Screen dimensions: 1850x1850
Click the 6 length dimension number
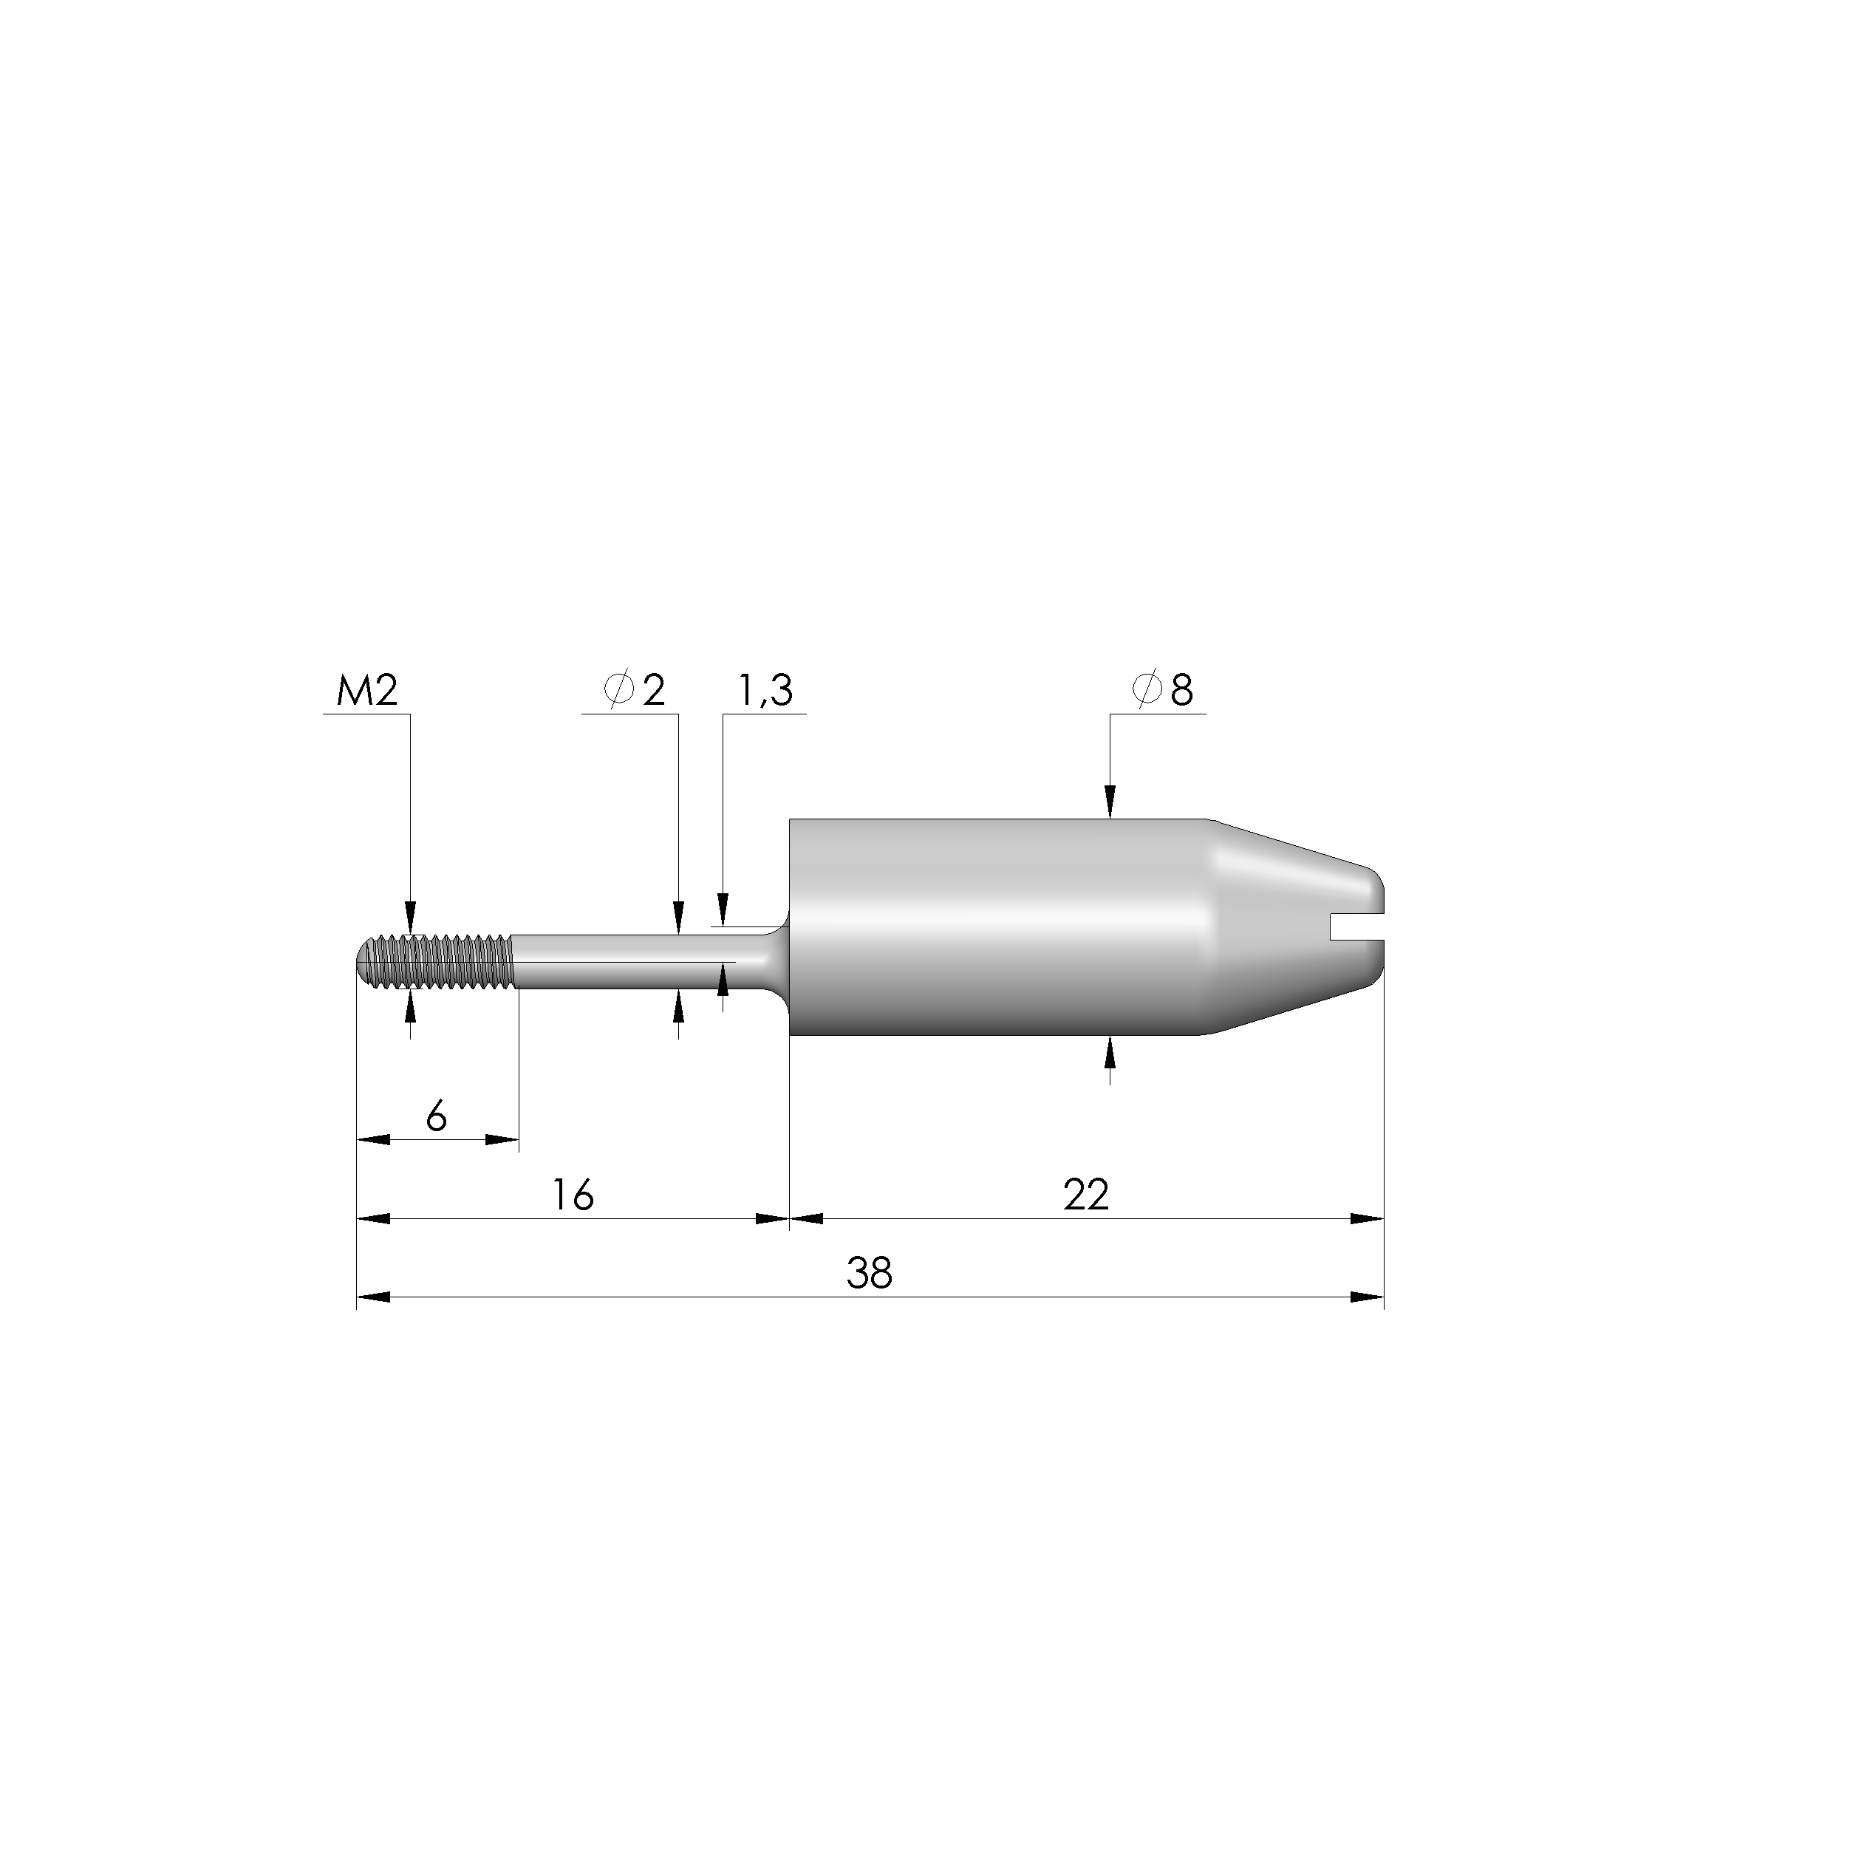437,1116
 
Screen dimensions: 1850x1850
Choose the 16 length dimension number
573,1195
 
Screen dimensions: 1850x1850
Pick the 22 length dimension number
1086,1195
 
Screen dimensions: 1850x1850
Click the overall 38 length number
870,1274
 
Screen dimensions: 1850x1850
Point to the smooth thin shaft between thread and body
622,963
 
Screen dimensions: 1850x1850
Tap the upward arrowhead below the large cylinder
1110,1054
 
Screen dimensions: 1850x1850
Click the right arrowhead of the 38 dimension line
1368,1297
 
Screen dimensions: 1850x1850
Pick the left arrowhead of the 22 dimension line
806,1219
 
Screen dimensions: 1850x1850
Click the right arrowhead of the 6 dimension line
502,1139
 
